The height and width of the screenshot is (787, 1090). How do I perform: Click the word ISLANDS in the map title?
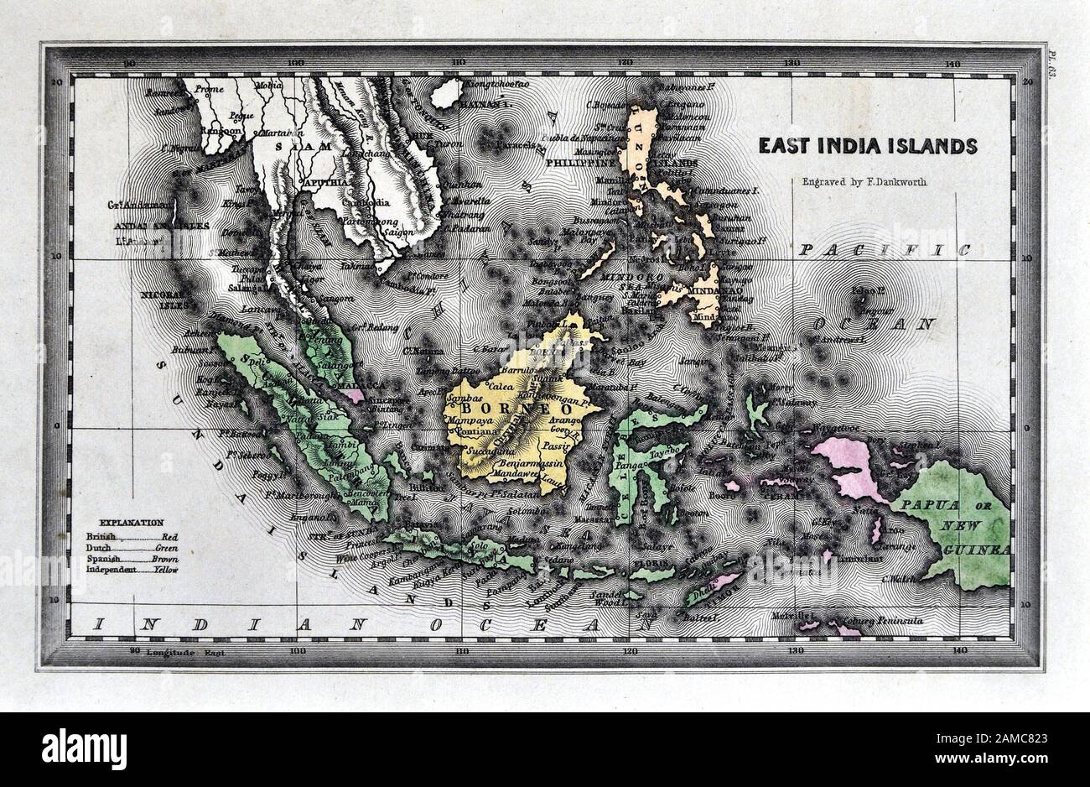tap(935, 146)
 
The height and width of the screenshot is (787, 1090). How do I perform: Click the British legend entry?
tap(100, 535)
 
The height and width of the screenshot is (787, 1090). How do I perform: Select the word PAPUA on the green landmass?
tap(921, 505)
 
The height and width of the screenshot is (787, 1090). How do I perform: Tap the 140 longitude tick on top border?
tap(950, 64)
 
